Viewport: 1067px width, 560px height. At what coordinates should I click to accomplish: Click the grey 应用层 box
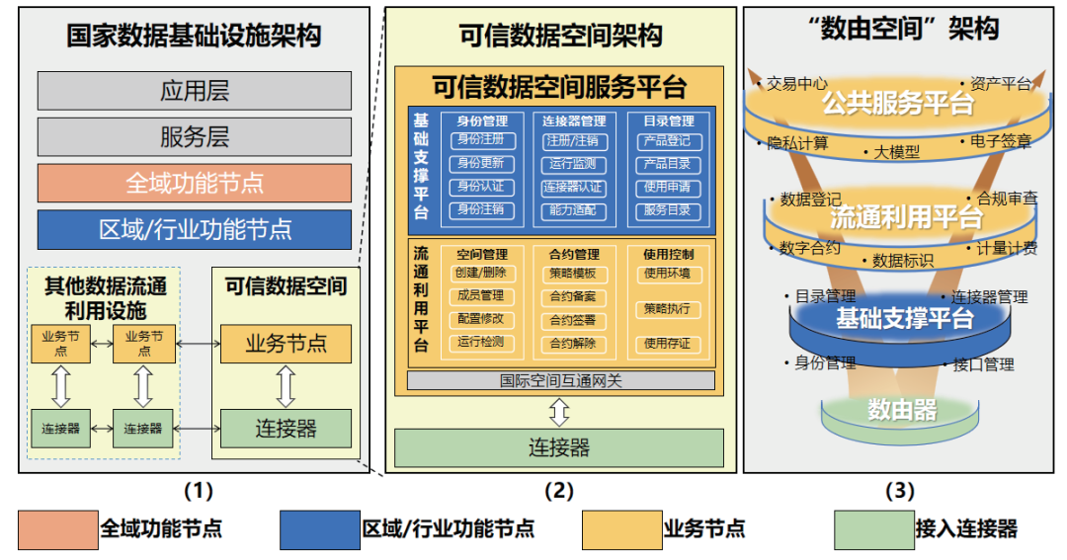point(195,91)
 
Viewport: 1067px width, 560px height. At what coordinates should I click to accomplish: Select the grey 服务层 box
point(195,136)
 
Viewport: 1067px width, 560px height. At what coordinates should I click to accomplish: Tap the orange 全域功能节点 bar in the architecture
point(195,183)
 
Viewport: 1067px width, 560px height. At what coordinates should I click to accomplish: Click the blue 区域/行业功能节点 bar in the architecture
point(195,229)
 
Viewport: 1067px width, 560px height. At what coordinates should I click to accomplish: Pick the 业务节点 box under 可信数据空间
point(286,344)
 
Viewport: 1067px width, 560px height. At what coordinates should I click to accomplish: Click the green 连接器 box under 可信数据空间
point(286,428)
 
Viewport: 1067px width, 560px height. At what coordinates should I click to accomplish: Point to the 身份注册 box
point(480,141)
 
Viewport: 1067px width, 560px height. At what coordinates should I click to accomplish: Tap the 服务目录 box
point(668,210)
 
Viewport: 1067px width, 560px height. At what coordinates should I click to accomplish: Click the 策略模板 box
point(573,274)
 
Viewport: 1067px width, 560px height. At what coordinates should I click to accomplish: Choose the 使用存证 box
point(668,344)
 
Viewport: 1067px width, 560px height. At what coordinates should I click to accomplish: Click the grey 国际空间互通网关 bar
point(559,379)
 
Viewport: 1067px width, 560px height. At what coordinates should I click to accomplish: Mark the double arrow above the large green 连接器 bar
point(559,411)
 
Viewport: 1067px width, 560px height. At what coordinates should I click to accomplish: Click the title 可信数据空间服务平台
point(559,87)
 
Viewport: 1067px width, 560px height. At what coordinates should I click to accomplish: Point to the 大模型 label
point(896,152)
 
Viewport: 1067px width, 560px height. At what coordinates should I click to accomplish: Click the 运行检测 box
point(480,343)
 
